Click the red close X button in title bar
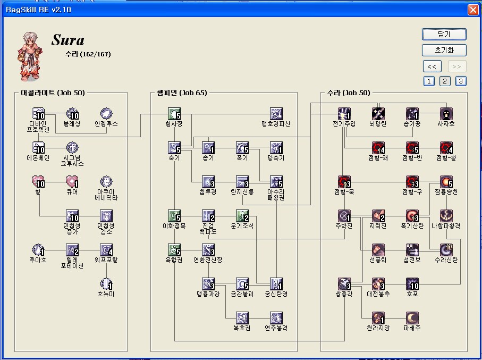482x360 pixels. pyautogui.click(x=472, y=10)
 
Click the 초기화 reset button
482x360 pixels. pyautogui.click(x=444, y=51)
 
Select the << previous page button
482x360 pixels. pyautogui.click(x=432, y=66)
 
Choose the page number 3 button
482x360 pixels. pyautogui.click(x=461, y=81)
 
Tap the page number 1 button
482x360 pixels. pyautogui.click(x=429, y=81)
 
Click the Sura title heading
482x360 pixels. pyautogui.click(x=68, y=40)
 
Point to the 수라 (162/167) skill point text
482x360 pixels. pyautogui.click(x=88, y=54)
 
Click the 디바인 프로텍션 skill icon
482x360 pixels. pyautogui.click(x=38, y=114)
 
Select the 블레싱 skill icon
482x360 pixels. pyautogui.click(x=72, y=114)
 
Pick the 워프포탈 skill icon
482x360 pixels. pyautogui.click(x=106, y=250)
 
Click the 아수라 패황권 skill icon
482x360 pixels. pyautogui.click(x=276, y=182)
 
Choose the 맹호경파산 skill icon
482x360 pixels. pyautogui.click(x=276, y=114)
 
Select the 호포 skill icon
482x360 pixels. pyautogui.click(x=412, y=284)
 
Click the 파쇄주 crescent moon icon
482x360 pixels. pyautogui.click(x=412, y=318)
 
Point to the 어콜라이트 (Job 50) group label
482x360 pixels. pyautogui.click(x=53, y=93)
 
